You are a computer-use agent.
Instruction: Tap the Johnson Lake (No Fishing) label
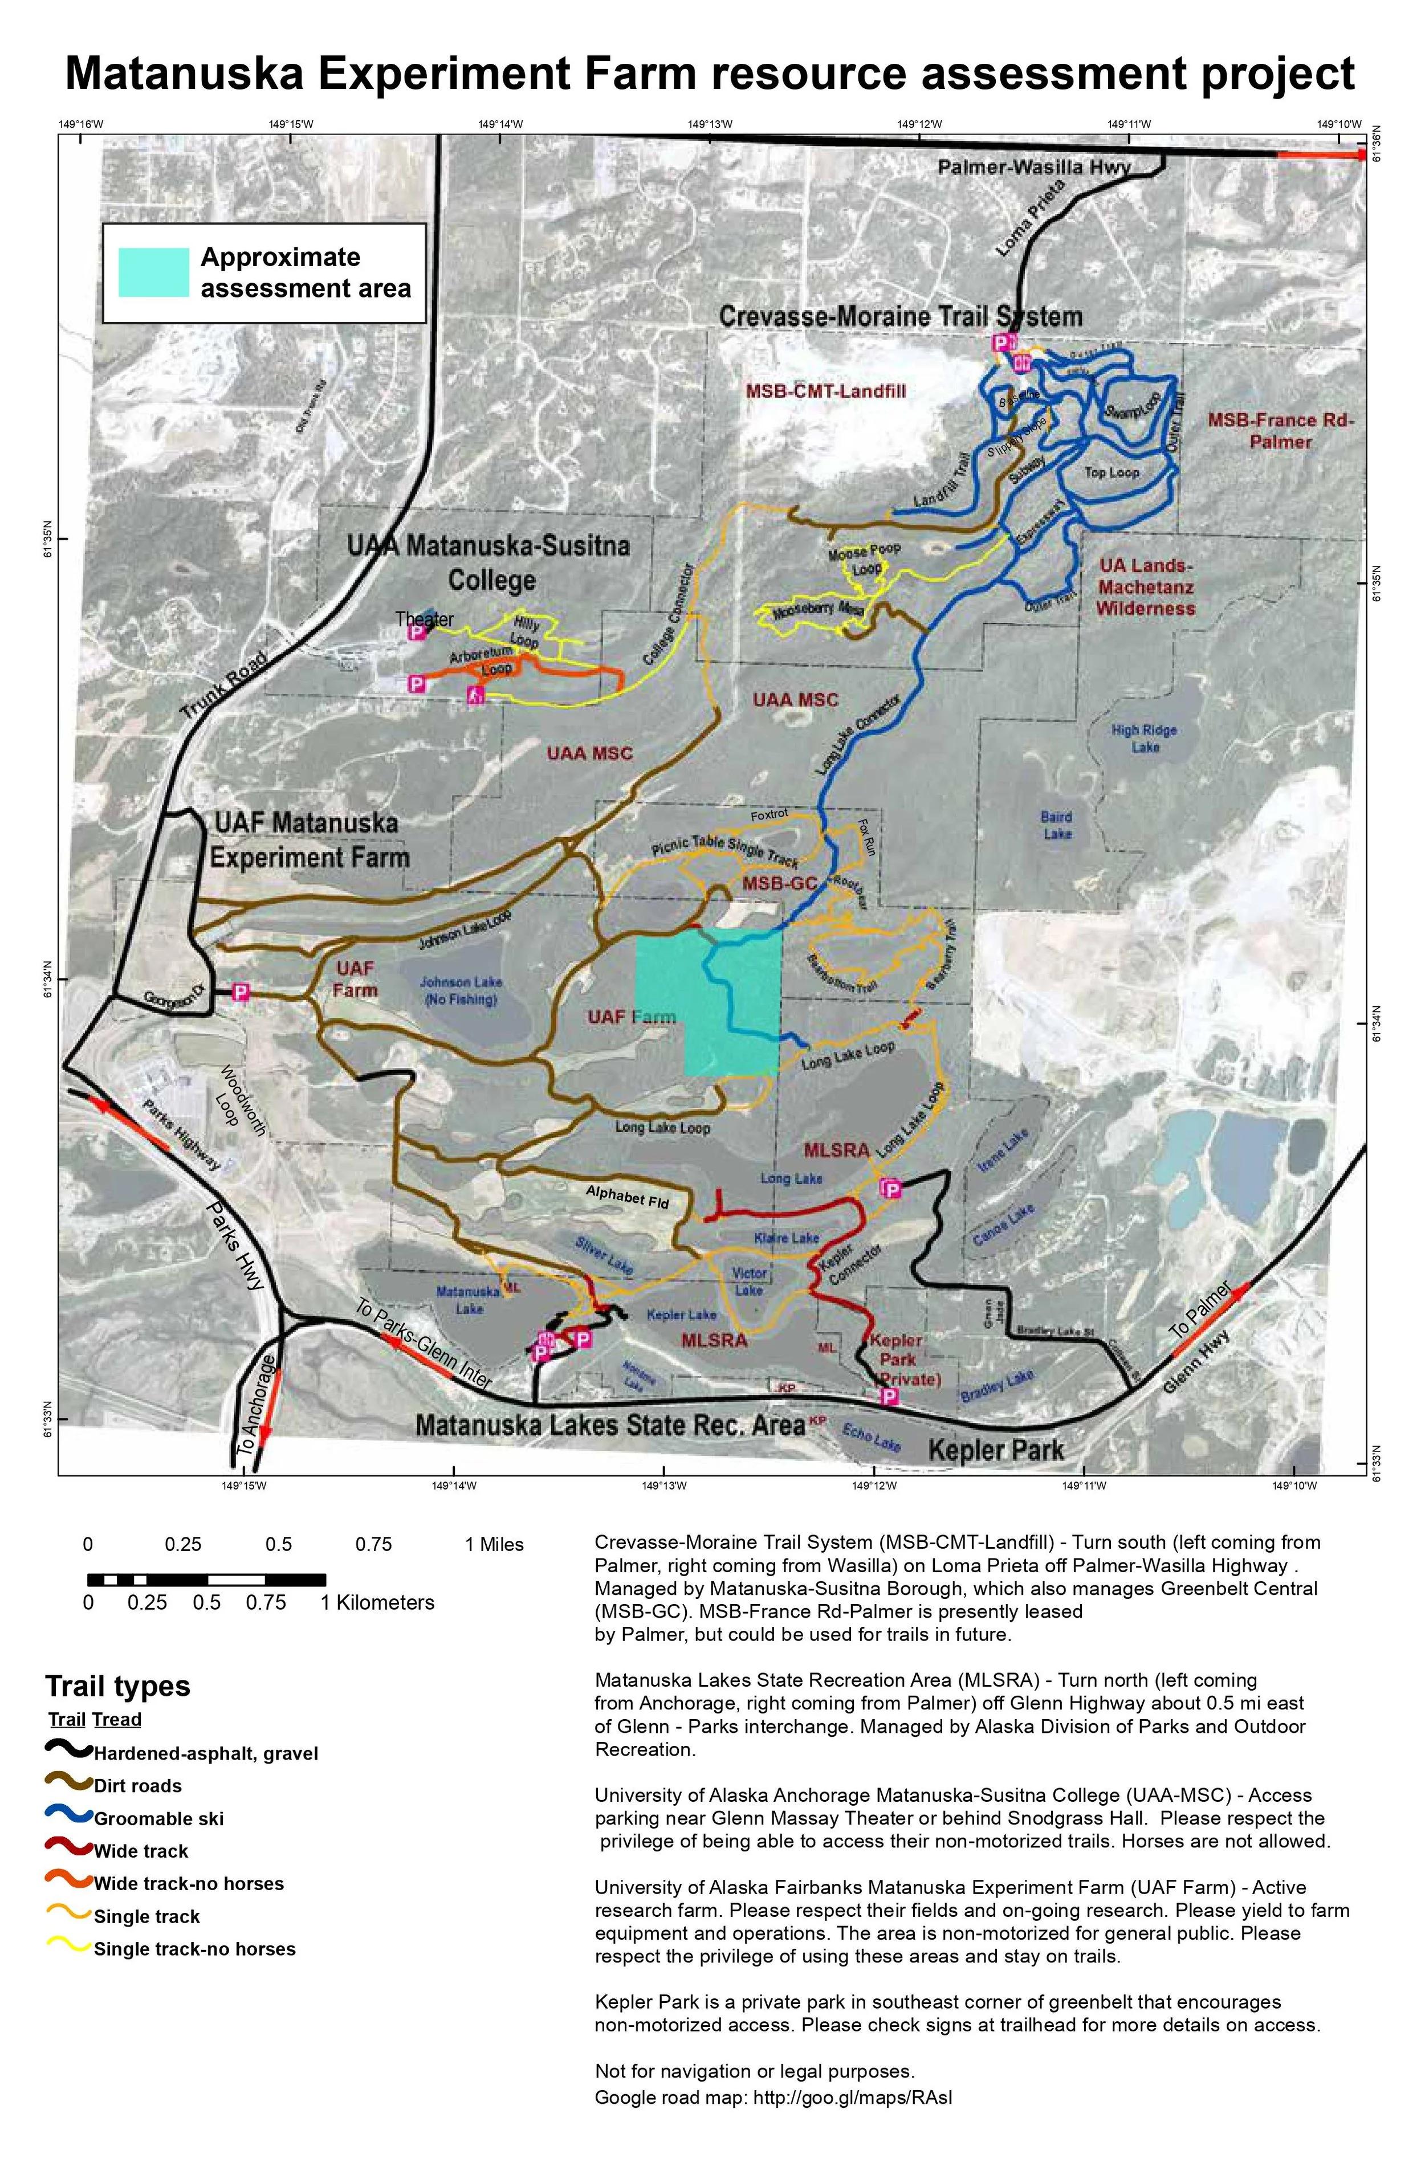pyautogui.click(x=461, y=990)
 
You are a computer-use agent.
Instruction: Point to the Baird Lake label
pyautogui.click(x=1056, y=824)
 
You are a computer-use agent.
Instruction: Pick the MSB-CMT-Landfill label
pyautogui.click(x=825, y=391)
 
